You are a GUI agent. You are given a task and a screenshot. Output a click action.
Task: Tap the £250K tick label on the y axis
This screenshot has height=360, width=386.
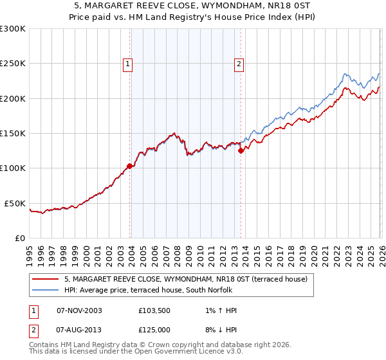click(x=13, y=64)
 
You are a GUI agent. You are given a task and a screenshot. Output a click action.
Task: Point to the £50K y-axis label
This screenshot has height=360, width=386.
click(x=15, y=203)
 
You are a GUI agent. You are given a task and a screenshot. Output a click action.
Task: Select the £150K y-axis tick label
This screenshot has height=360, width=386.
click(x=13, y=133)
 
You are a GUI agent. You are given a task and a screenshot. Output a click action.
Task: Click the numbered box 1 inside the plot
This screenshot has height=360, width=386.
click(x=128, y=64)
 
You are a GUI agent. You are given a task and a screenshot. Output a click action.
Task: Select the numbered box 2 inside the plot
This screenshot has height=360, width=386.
click(x=239, y=64)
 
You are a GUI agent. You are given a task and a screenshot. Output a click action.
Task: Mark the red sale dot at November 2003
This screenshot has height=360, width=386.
click(x=130, y=166)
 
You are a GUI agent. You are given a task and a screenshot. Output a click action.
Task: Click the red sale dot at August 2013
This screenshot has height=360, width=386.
click(x=241, y=151)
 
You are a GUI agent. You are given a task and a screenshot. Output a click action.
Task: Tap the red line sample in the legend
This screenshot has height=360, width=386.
click(x=46, y=279)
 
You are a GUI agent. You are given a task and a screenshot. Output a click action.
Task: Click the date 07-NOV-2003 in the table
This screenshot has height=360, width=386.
click(x=79, y=310)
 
